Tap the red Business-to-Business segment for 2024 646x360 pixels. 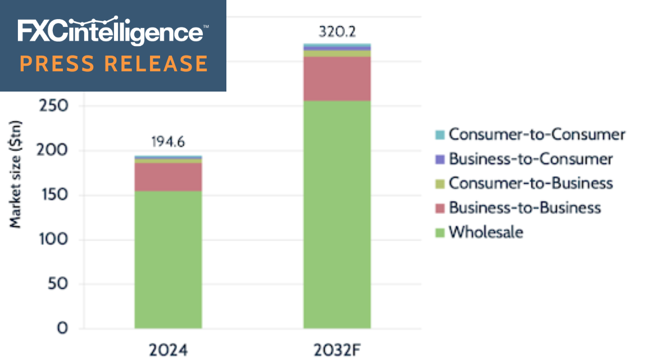point(168,177)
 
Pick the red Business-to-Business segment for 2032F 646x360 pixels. point(337,79)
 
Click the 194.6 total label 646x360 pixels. point(168,142)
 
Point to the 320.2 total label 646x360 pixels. point(337,31)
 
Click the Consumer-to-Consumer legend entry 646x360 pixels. point(536,135)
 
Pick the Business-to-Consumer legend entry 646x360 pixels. point(530,160)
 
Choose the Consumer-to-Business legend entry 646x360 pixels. point(530,184)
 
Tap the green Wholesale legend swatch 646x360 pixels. point(439,233)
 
